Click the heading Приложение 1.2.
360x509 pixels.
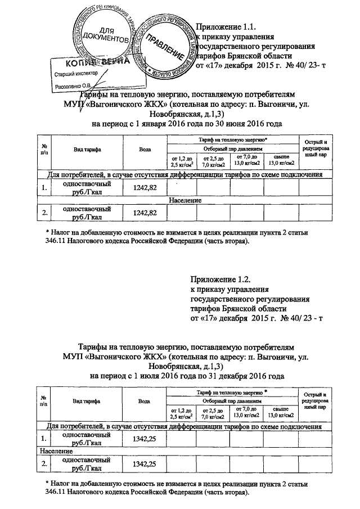[x=220, y=279]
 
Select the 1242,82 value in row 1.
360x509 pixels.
[x=145, y=187]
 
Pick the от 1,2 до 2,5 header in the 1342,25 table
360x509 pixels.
[x=181, y=413]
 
